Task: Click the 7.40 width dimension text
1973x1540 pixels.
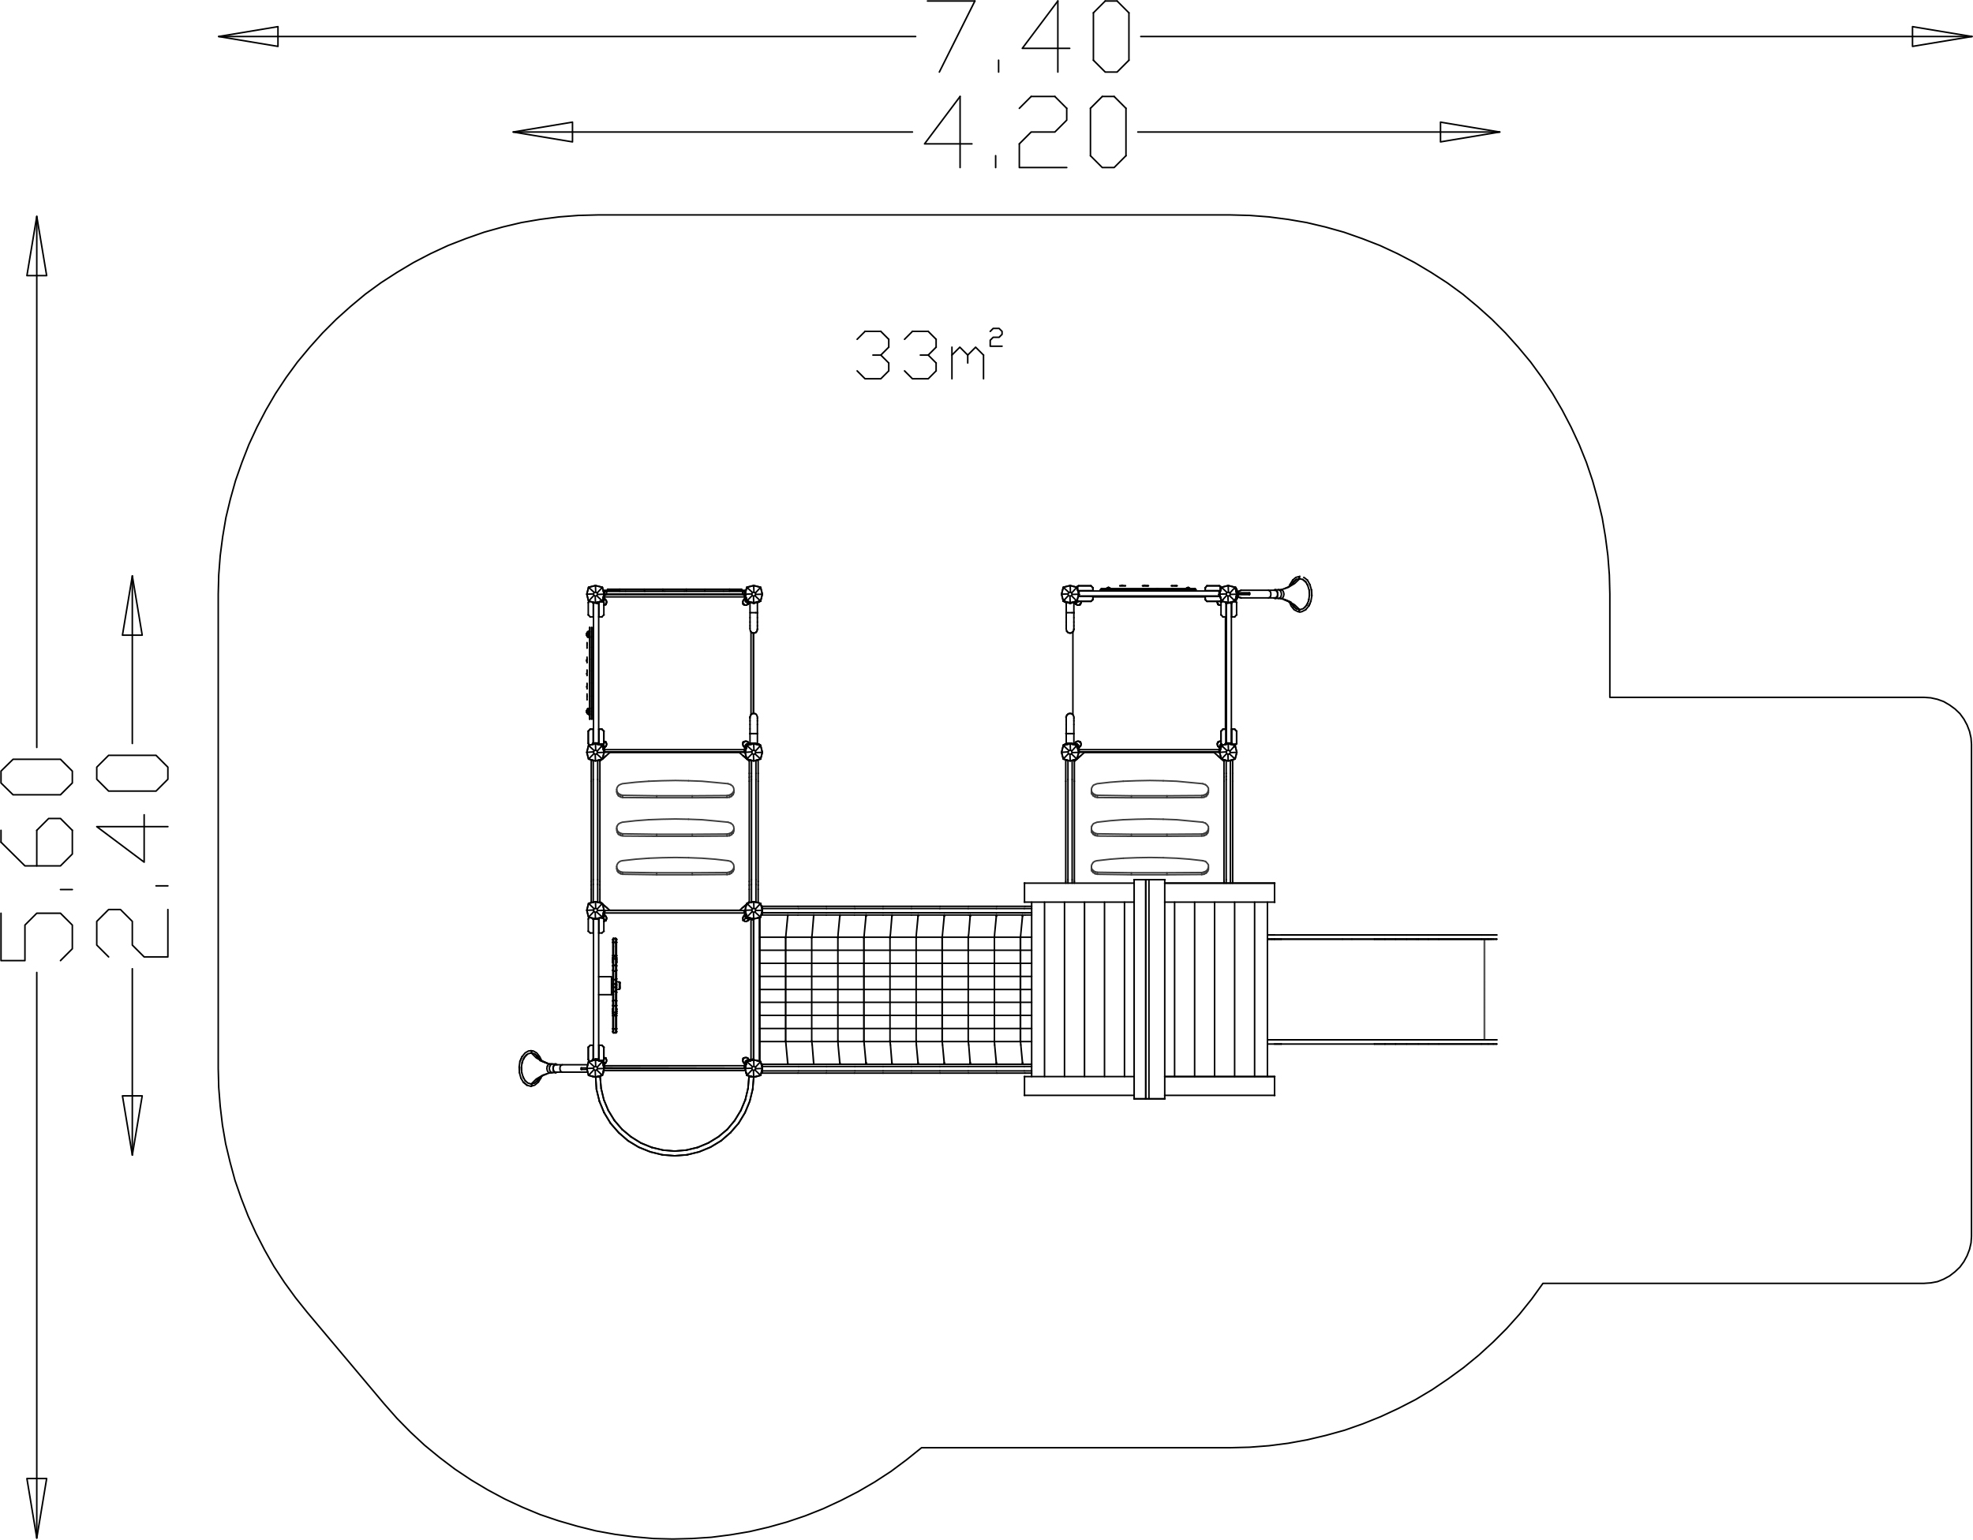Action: [x=1029, y=36]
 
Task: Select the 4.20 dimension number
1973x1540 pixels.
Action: [x=1025, y=132]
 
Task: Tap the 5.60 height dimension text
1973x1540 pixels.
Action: [x=36, y=859]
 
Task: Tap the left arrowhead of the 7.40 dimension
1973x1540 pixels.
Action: [x=249, y=36]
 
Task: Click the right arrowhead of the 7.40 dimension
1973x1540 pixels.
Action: [x=1941, y=36]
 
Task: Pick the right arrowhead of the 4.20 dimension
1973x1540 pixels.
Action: [x=1469, y=132]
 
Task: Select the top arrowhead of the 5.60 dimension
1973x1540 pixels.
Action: [x=36, y=245]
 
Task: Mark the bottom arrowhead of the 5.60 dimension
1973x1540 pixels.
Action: [x=36, y=1508]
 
